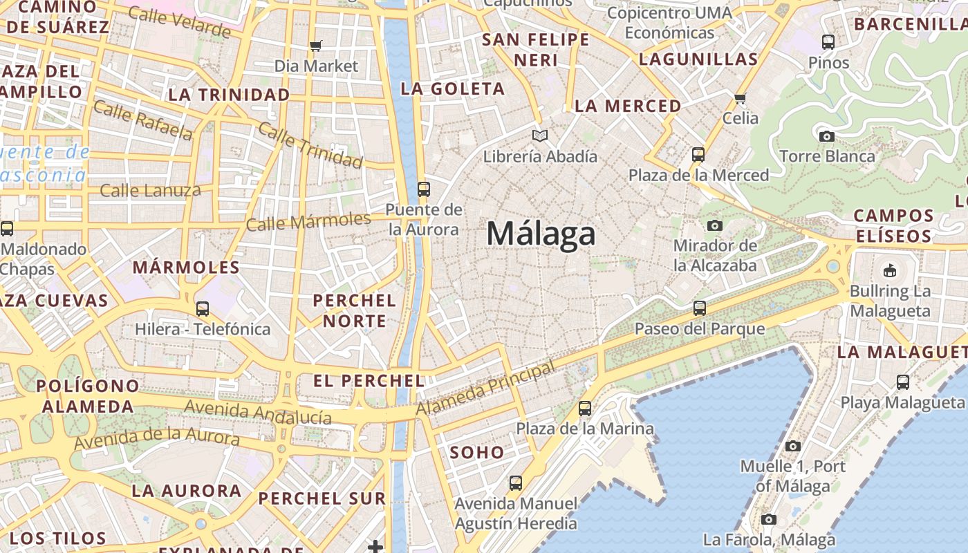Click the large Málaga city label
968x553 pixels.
click(x=541, y=234)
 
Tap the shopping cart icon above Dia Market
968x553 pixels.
click(x=316, y=46)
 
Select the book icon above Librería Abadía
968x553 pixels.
click(x=539, y=136)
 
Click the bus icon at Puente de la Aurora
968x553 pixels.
click(x=423, y=189)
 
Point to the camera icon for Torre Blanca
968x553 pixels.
click(x=826, y=136)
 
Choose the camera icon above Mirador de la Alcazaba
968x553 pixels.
click(x=714, y=225)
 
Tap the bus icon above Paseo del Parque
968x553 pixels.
click(x=700, y=308)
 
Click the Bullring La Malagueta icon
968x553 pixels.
click(x=890, y=271)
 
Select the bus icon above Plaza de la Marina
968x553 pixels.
click(x=585, y=409)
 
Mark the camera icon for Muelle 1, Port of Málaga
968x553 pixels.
click(x=792, y=447)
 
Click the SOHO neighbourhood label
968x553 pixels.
click(x=477, y=453)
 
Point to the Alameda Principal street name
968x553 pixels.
click(x=485, y=389)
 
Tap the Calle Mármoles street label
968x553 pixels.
click(x=308, y=222)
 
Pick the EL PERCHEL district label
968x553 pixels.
click(x=369, y=380)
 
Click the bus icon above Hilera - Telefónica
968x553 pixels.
click(x=203, y=309)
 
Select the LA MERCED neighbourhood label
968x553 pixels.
click(x=628, y=106)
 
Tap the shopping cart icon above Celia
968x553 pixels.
click(x=741, y=98)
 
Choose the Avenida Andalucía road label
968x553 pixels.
click(x=258, y=412)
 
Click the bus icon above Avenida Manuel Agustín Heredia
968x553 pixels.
click(x=516, y=483)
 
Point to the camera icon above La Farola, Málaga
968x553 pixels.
click(x=769, y=519)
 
